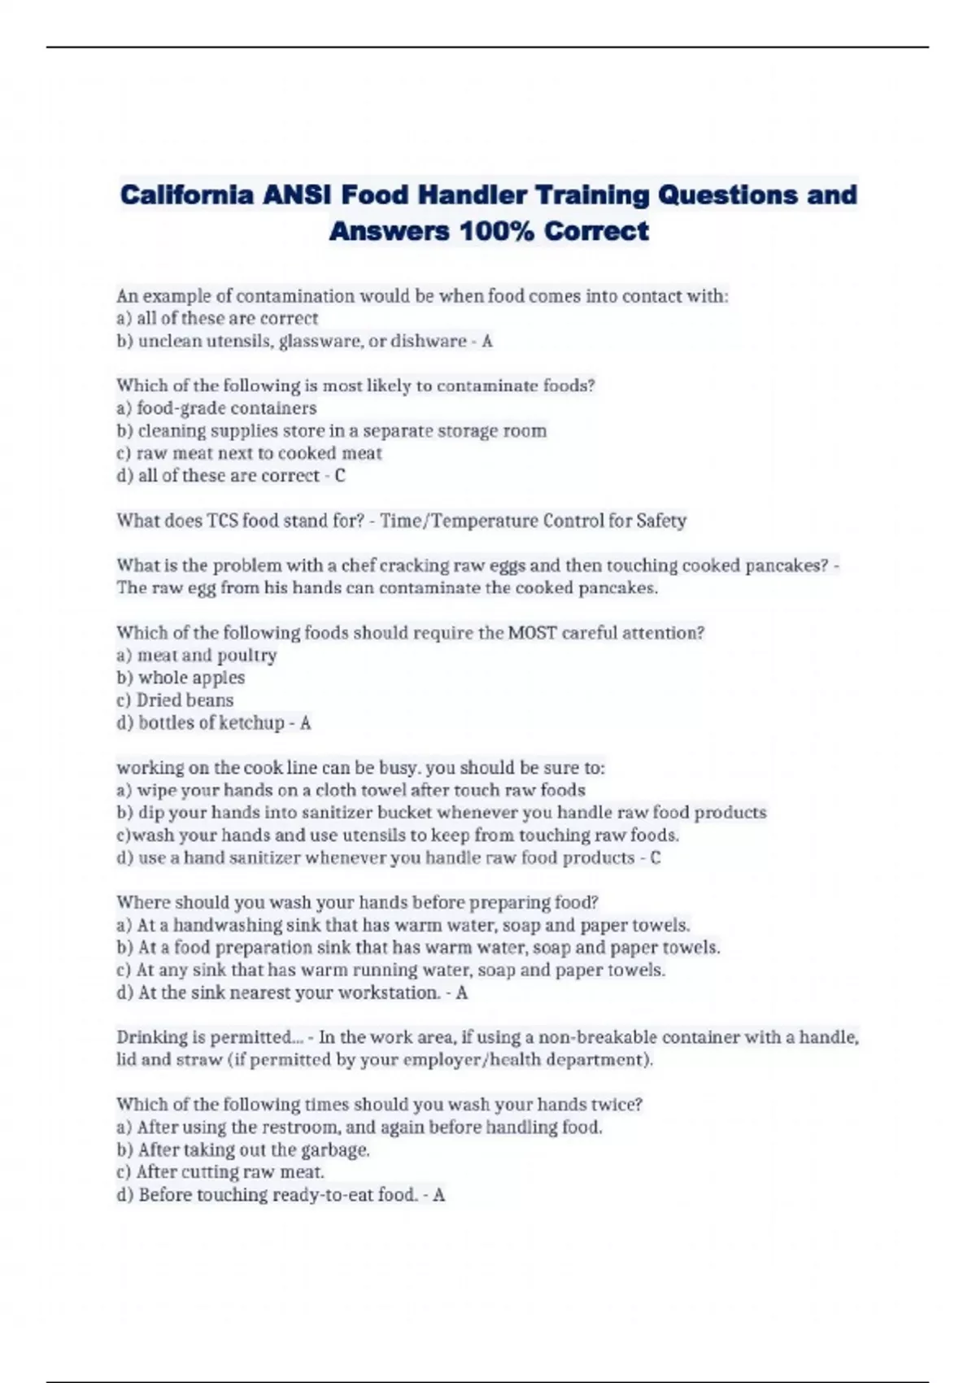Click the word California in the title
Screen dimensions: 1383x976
(x=186, y=195)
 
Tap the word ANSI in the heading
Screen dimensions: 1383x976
(x=296, y=195)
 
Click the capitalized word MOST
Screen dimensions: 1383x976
(x=532, y=633)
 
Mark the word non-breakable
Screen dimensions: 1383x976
(x=598, y=1038)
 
